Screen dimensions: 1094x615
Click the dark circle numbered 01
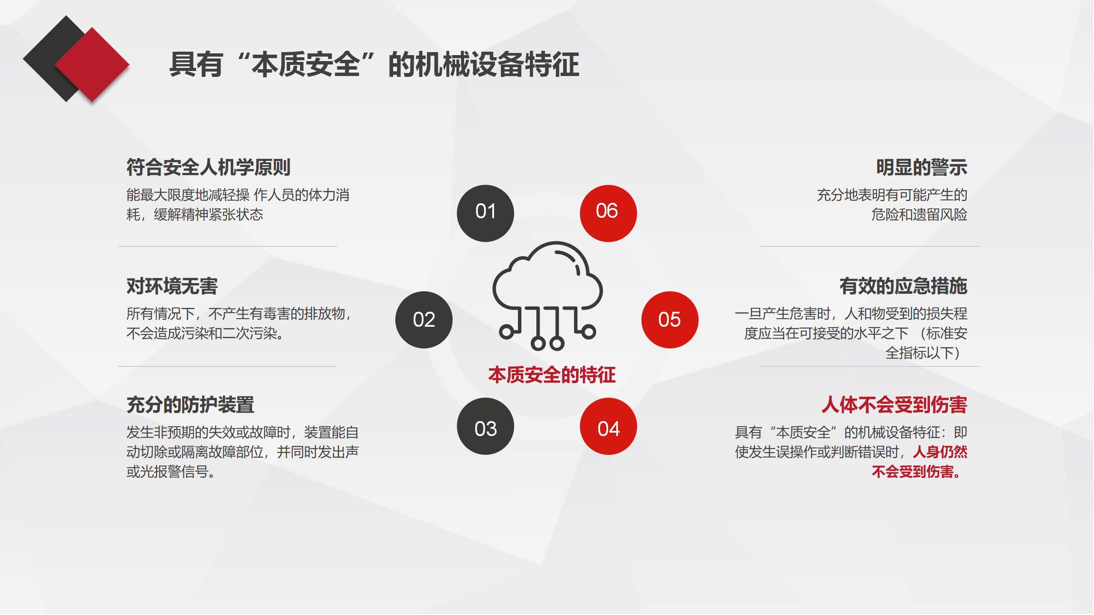(485, 213)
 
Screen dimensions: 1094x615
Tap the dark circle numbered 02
(424, 320)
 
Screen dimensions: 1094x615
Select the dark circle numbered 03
(485, 426)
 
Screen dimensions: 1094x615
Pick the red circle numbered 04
(609, 426)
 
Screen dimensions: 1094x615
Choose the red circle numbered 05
(670, 320)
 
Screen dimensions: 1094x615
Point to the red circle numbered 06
(609, 213)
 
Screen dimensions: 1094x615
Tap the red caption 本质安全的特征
(552, 375)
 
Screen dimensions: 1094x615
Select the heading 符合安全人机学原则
(209, 167)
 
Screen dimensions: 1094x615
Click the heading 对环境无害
(172, 286)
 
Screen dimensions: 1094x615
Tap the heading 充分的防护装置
(190, 404)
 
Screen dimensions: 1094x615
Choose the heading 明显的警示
(922, 167)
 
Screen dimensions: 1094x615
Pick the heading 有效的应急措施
(903, 286)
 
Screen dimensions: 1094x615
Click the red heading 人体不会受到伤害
(894, 404)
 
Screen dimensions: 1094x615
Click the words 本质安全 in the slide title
(306, 64)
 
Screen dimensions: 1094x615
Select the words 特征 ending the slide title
(552, 64)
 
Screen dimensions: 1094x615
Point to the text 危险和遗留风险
(920, 214)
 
